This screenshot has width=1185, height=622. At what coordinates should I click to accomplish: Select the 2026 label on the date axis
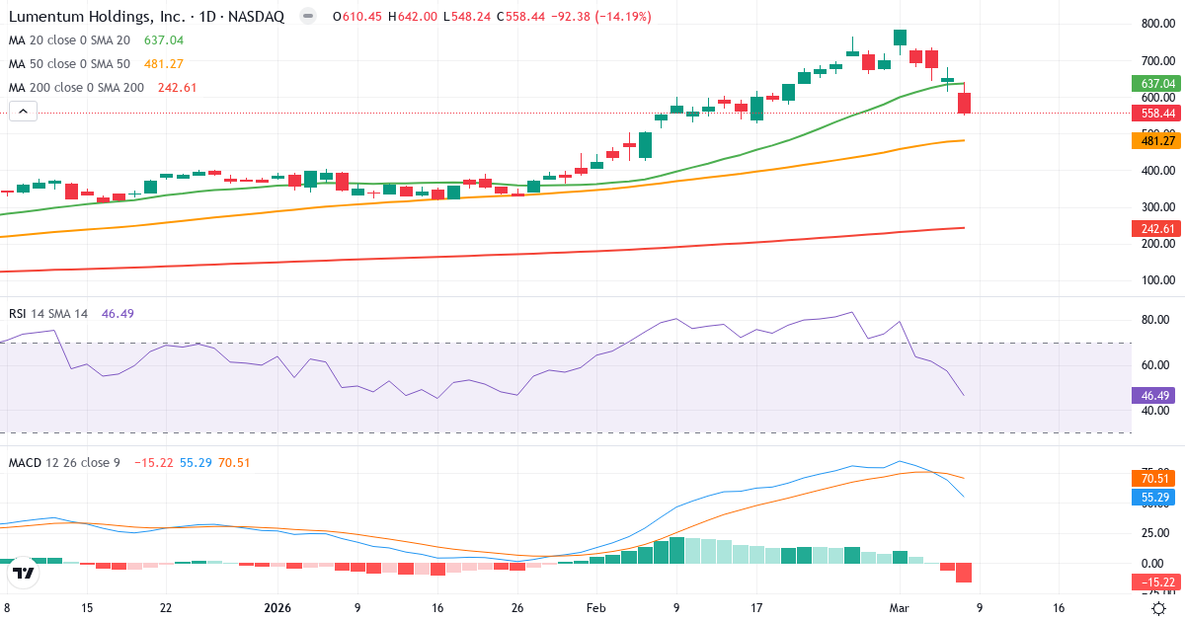point(278,608)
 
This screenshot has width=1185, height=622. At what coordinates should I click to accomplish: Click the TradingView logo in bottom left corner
point(24,573)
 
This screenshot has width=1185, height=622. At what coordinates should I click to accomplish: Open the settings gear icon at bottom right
point(1158,608)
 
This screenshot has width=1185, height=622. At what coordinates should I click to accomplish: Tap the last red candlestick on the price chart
point(964,103)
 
